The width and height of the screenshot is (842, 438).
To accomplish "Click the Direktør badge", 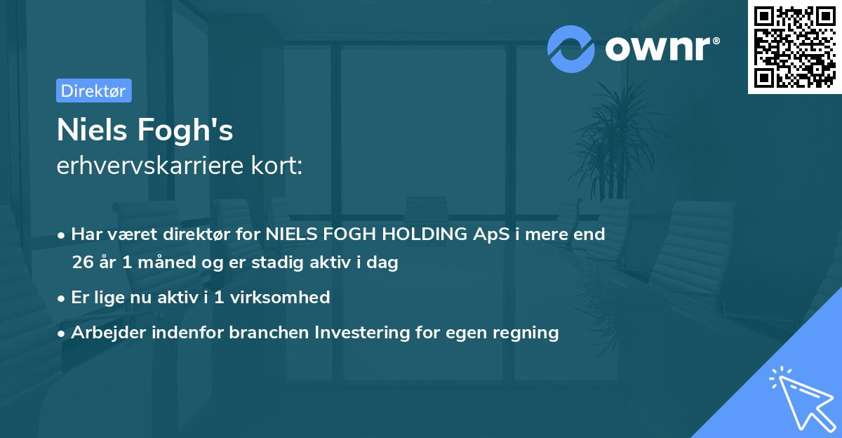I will [x=93, y=91].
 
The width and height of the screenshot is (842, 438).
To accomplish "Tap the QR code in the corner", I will [x=794, y=46].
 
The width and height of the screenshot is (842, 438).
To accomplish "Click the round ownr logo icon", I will [x=571, y=49].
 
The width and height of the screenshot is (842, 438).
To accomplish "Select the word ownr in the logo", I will [x=662, y=49].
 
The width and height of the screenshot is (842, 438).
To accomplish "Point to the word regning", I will [x=524, y=333].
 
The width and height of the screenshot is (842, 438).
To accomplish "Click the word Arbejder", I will [x=105, y=333].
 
